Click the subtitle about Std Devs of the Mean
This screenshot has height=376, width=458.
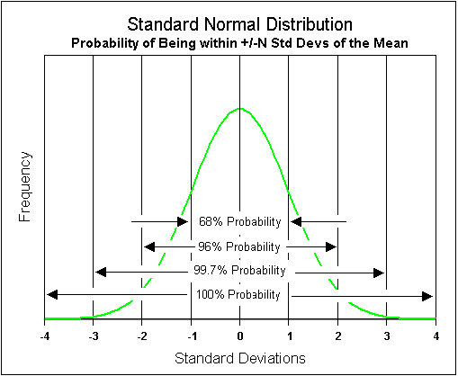[x=239, y=43]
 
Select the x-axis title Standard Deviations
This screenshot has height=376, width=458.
[x=239, y=357]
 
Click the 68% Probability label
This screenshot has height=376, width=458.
[x=240, y=221]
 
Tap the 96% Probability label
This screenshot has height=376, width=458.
[x=240, y=246]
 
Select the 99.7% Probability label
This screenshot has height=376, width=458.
[x=240, y=270]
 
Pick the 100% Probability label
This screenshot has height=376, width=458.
[x=240, y=294]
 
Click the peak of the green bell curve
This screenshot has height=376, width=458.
[x=240, y=109]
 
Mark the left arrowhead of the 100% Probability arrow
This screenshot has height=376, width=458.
[x=49, y=294]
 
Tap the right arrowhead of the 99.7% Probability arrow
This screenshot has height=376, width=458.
[x=382, y=270]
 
